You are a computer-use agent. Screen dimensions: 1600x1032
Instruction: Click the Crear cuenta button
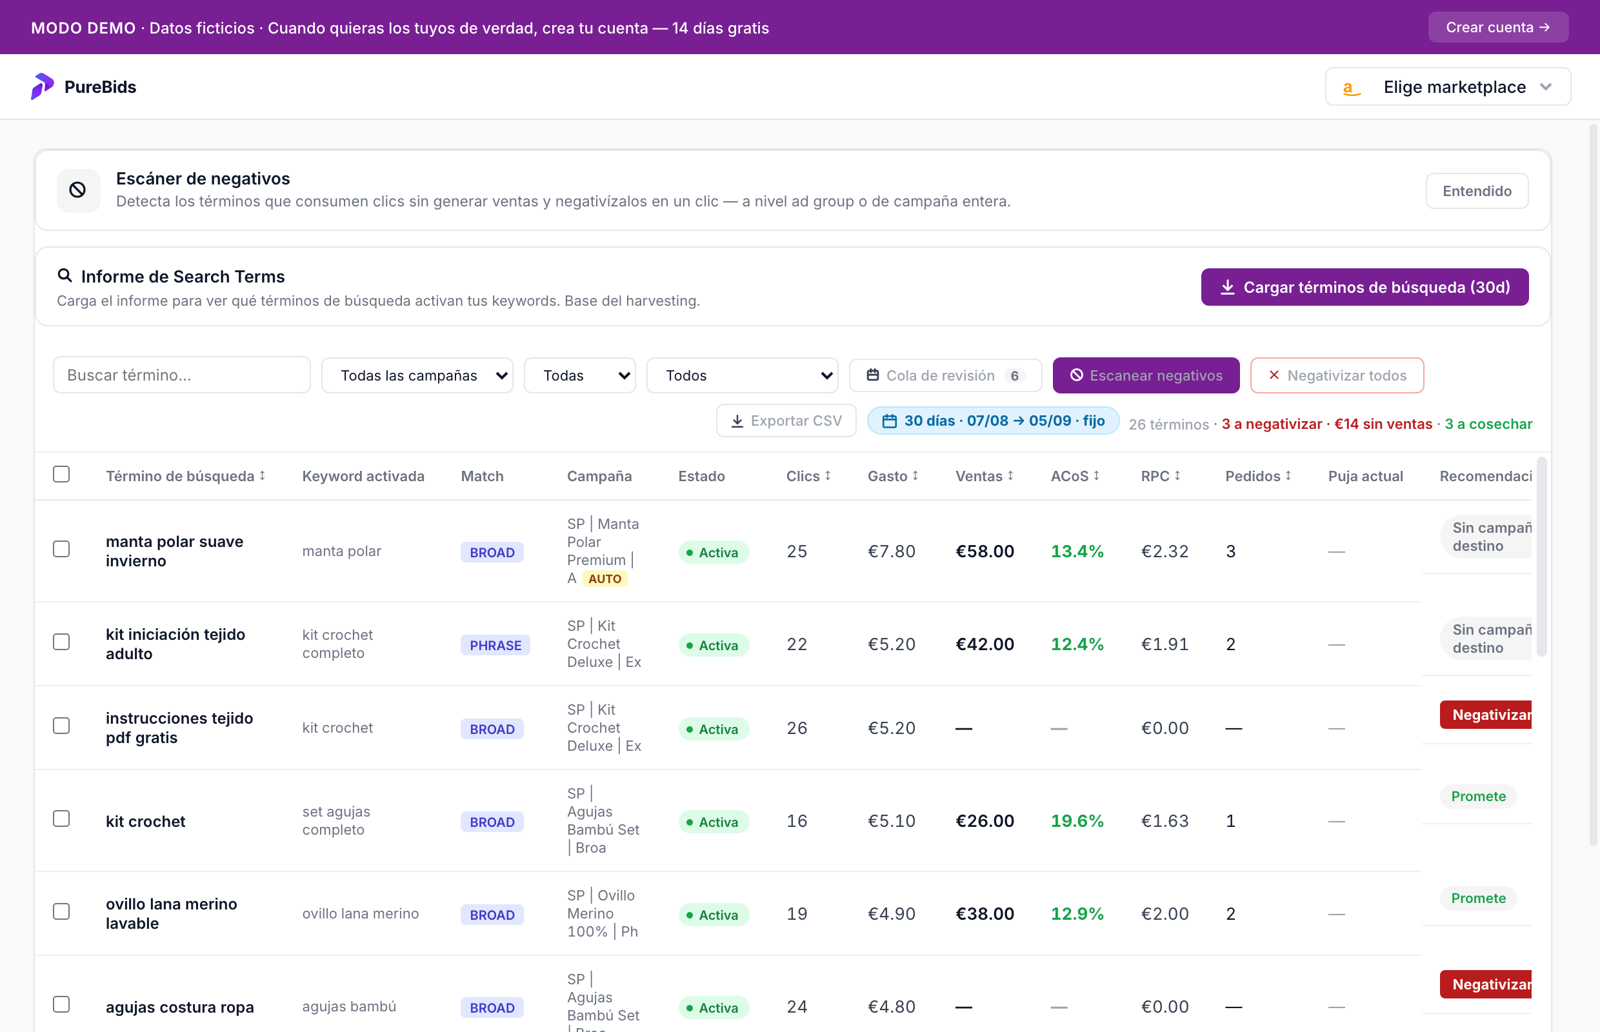[x=1497, y=28]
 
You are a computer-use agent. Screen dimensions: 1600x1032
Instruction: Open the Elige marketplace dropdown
[x=1448, y=87]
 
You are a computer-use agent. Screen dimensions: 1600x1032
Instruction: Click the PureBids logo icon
[x=42, y=86]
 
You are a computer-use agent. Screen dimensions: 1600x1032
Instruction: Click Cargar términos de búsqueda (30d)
[x=1365, y=287]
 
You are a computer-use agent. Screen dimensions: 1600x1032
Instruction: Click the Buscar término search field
[x=182, y=375]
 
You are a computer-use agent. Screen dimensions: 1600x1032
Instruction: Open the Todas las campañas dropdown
[x=417, y=375]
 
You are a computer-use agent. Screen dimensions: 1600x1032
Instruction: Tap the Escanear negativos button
[x=1146, y=375]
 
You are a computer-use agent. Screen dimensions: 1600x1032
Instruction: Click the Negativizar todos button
[x=1337, y=375]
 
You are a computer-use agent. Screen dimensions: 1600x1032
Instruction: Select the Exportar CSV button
[x=786, y=421]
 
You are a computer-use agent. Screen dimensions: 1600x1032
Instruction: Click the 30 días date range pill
[x=994, y=421]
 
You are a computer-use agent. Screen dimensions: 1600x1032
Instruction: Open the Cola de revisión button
[x=946, y=375]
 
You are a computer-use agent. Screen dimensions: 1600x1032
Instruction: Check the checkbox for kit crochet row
[x=62, y=819]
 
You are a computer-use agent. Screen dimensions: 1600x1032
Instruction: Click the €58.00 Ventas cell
[x=985, y=551]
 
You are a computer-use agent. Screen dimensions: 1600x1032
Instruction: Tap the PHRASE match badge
[x=495, y=646]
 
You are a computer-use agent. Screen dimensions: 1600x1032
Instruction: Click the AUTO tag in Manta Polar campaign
[x=605, y=579]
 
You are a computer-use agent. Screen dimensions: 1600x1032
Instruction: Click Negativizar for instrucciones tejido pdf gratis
[x=1485, y=715]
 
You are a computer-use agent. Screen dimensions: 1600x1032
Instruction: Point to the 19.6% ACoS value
[x=1077, y=821]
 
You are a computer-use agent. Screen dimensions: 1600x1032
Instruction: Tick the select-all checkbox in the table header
[x=62, y=475]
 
